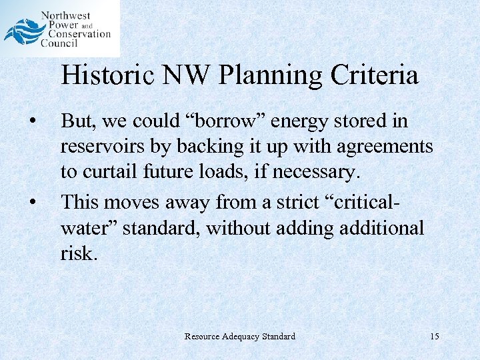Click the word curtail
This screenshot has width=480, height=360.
tap(106, 172)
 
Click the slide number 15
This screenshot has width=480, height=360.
tap(435, 337)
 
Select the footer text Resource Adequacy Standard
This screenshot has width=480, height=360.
tap(240, 337)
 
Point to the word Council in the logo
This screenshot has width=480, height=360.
tap(59, 43)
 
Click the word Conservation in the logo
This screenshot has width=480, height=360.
tap(79, 34)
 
